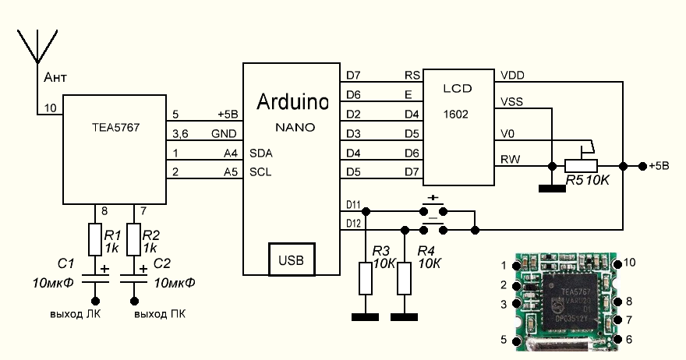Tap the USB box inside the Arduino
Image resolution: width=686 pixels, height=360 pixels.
tap(292, 259)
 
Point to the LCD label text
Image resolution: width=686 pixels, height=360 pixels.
tap(458, 89)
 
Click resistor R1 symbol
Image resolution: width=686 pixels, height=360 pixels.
tap(95, 241)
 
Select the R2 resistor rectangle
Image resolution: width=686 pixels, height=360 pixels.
tap(133, 241)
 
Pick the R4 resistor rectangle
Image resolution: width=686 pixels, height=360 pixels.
tap(404, 278)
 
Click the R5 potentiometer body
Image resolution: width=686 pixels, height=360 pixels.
tap(581, 166)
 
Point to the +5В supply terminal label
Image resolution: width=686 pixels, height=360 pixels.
tap(660, 166)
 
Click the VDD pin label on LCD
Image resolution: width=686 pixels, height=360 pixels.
tap(513, 76)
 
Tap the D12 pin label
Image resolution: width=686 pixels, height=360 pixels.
tap(352, 224)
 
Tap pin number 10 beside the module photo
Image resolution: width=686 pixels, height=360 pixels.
tap(630, 263)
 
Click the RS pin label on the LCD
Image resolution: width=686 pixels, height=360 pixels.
tap(412, 76)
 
